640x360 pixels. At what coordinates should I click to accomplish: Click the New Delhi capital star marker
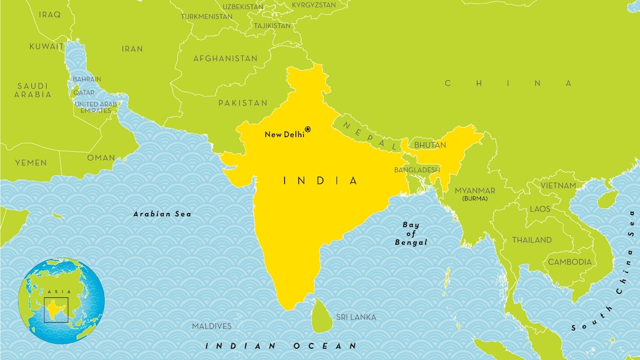307,129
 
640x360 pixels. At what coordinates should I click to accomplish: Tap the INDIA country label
321,181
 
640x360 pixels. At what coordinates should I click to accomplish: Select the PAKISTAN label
242,103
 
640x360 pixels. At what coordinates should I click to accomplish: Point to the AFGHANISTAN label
225,59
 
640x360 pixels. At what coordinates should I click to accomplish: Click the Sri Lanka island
321,315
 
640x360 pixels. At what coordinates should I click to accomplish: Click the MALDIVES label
212,326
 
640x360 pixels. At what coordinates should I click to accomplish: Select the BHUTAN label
430,145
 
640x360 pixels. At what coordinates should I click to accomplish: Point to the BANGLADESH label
417,170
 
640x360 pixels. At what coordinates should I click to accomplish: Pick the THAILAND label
532,240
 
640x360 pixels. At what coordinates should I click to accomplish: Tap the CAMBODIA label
570,262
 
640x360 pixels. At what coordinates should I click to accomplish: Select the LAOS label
540,209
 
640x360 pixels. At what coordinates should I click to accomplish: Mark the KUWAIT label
47,46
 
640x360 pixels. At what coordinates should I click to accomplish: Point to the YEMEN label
31,162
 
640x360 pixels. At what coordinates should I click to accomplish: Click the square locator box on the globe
56,309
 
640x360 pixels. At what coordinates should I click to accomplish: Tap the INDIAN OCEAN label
281,346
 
